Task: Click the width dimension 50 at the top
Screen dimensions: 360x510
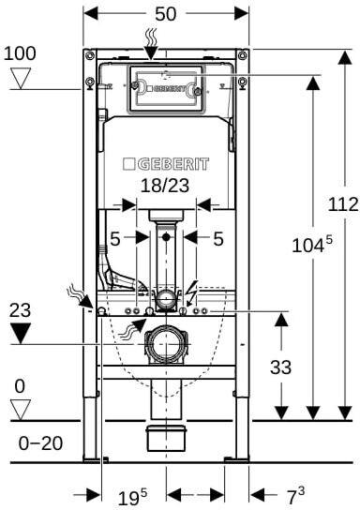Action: [166, 14]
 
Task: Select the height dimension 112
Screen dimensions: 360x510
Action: [343, 204]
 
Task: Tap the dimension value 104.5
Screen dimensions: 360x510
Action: [312, 245]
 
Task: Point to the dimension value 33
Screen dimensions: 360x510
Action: [280, 367]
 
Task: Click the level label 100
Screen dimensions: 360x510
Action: [20, 53]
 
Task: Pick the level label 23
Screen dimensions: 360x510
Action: [20, 310]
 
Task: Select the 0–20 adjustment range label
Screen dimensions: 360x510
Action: [40, 443]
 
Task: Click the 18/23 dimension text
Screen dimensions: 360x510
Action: [165, 186]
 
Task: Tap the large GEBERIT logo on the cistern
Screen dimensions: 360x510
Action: [166, 164]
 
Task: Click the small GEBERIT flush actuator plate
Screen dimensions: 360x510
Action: [166, 89]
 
